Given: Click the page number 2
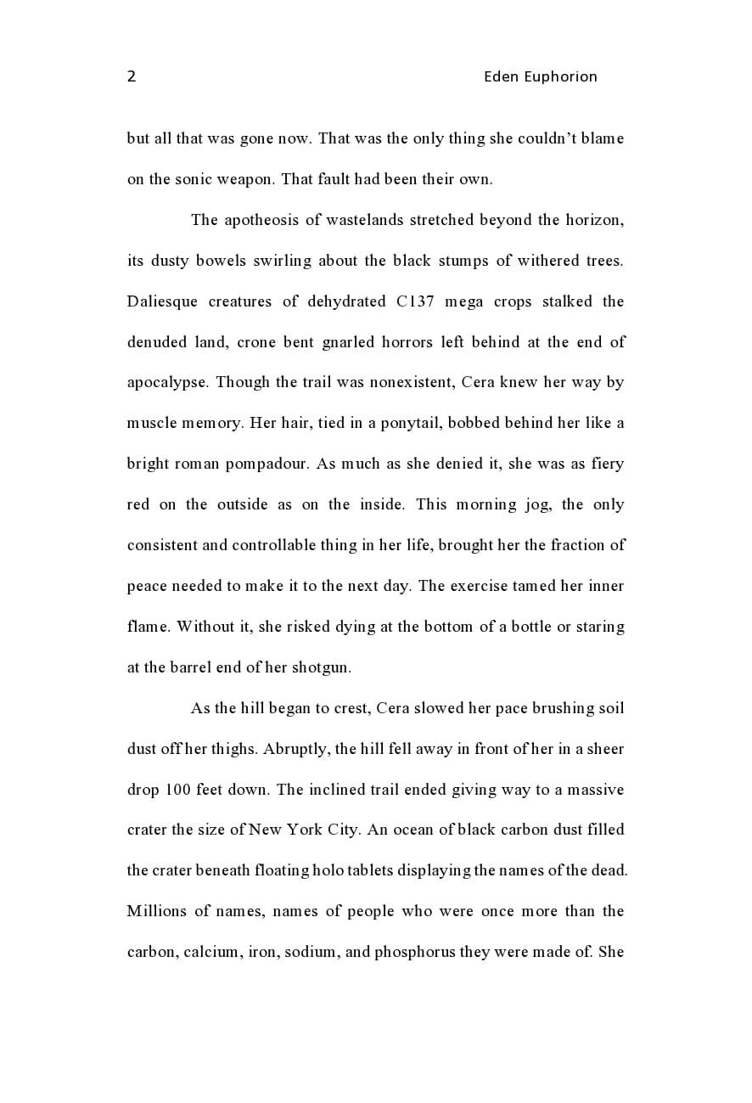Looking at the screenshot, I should (x=132, y=76).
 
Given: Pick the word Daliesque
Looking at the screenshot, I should (x=163, y=301).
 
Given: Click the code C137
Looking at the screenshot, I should (x=415, y=301).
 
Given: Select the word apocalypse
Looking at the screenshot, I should (x=167, y=383).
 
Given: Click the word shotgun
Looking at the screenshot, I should (x=321, y=667).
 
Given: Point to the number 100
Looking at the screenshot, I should (x=177, y=790).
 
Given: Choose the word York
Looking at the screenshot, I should (x=305, y=830).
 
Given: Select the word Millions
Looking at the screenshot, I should (x=156, y=911).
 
